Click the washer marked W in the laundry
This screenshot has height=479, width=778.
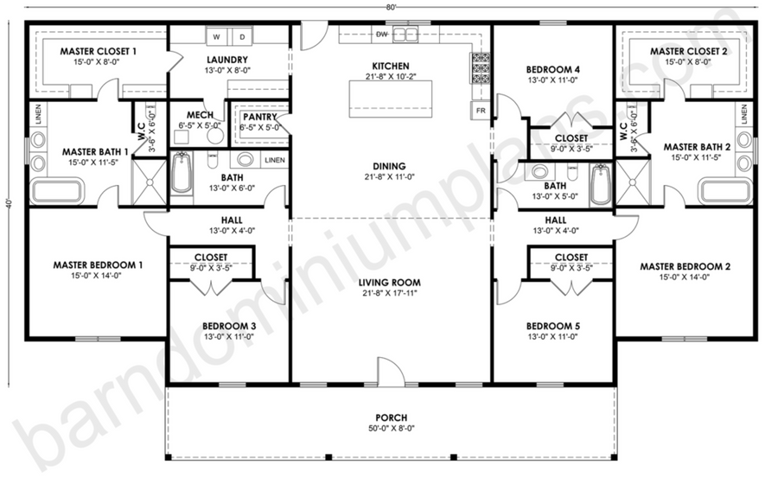217,36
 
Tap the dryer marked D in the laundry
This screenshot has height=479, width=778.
242,36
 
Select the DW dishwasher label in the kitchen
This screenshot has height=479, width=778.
381,35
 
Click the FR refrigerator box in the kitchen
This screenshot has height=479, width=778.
481,110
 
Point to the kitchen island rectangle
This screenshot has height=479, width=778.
391,99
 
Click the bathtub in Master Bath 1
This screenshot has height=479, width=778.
57,191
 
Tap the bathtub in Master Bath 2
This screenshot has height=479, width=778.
725,191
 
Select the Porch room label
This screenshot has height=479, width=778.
392,418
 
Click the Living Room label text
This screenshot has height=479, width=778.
390,283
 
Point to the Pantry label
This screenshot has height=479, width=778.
259,117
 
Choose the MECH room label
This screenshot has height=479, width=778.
200,115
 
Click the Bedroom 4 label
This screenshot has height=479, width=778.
552,69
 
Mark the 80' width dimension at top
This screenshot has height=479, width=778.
392,6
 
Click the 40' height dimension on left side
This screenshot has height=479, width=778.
9,203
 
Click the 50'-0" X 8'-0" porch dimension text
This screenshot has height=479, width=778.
392,428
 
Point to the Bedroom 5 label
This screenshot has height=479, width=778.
552,326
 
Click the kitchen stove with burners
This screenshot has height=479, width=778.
481,68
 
